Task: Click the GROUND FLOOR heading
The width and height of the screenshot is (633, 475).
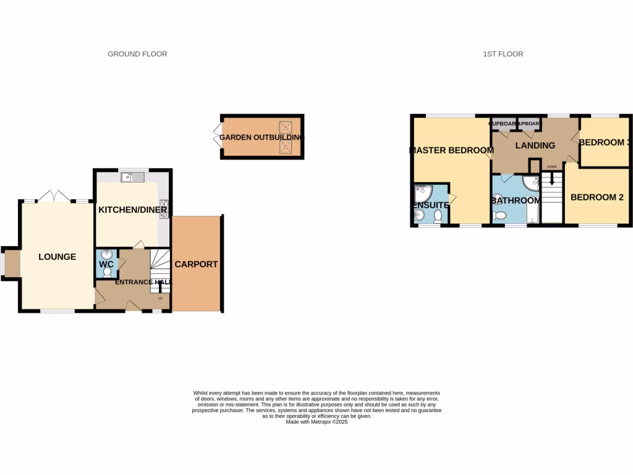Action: pyautogui.click(x=137, y=54)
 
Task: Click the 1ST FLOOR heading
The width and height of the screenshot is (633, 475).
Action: pyautogui.click(x=503, y=54)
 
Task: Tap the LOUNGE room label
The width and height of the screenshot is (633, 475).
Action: pyautogui.click(x=57, y=257)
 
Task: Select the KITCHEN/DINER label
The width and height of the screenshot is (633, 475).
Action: pyautogui.click(x=133, y=210)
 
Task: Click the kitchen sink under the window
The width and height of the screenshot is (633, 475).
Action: pyautogui.click(x=134, y=178)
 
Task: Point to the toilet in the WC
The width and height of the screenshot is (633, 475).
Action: pyautogui.click(x=107, y=272)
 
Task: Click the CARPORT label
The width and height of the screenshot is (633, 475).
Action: pyautogui.click(x=196, y=264)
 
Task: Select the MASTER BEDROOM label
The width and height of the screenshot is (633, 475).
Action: pyautogui.click(x=452, y=150)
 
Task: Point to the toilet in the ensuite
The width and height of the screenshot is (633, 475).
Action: pyautogui.click(x=438, y=216)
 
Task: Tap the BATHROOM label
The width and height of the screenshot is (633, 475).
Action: pyautogui.click(x=516, y=200)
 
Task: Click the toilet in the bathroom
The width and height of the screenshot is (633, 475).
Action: pyautogui.click(x=499, y=215)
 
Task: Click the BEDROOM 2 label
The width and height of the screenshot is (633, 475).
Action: pyautogui.click(x=597, y=198)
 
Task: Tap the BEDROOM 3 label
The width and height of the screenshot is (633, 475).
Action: pyautogui.click(x=605, y=142)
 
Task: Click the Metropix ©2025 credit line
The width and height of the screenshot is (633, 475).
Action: pyautogui.click(x=316, y=422)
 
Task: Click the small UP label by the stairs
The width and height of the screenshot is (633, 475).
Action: pyautogui.click(x=161, y=299)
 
